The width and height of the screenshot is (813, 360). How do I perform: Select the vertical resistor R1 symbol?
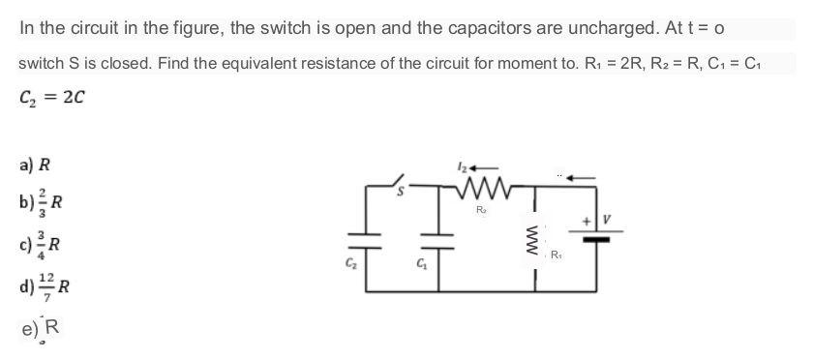pyautogui.click(x=530, y=236)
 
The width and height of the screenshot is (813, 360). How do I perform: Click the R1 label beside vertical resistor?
pyautogui.click(x=555, y=256)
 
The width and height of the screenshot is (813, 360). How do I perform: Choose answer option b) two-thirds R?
pyautogui.click(x=43, y=202)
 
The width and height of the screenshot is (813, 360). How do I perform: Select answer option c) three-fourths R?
pyautogui.click(x=43, y=241)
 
